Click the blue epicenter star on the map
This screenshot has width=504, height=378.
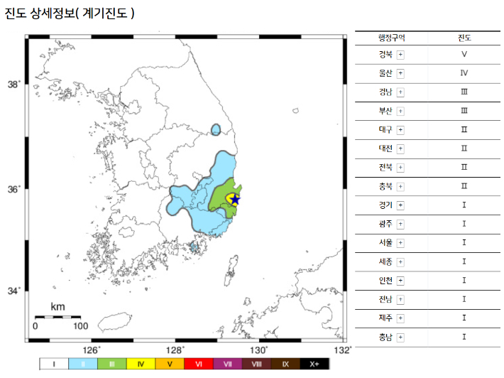[x=235, y=200]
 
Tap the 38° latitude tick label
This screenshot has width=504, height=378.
[x=13, y=85]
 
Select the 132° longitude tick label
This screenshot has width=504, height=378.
[x=344, y=350]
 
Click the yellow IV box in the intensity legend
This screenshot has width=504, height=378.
[x=141, y=364]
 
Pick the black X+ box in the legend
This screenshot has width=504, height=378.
[x=314, y=364]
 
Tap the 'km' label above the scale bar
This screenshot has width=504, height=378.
[x=58, y=307]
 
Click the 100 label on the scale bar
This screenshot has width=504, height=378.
[x=80, y=327]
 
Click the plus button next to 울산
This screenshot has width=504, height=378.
[x=400, y=72]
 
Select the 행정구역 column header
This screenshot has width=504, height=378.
[x=392, y=37]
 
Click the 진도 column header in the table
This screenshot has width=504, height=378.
[x=464, y=37]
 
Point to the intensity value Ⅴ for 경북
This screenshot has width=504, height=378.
[x=464, y=54]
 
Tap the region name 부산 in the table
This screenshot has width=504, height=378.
[x=385, y=111]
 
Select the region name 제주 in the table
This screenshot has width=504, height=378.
[x=385, y=318]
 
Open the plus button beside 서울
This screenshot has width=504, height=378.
[x=400, y=242]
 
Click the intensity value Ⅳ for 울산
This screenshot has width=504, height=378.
[x=464, y=72]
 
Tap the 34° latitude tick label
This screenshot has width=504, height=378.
[x=13, y=291]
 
